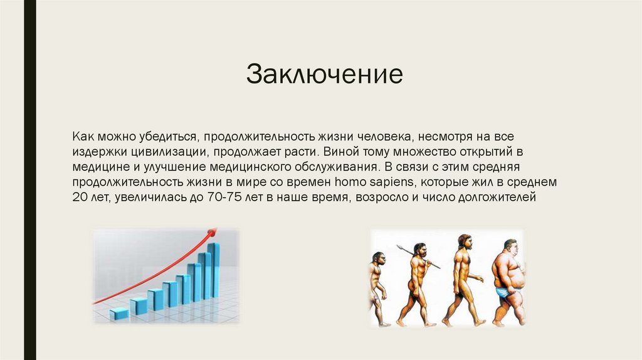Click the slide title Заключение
324,74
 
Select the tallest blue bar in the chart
214,270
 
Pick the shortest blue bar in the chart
118,314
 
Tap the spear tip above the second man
399,247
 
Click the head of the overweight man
511,246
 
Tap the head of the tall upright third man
464,241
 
